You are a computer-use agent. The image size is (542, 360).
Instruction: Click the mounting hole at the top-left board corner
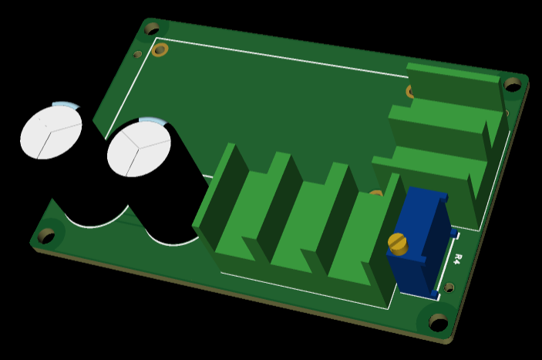click(x=151, y=29)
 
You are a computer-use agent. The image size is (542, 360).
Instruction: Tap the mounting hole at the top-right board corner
click(x=513, y=85)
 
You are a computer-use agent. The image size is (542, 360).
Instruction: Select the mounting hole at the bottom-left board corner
click(x=46, y=235)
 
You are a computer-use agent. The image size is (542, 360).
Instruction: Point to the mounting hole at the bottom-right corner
click(x=438, y=322)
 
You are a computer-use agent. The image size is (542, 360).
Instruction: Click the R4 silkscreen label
click(x=458, y=259)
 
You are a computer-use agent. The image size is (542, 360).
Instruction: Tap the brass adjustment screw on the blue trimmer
click(x=398, y=244)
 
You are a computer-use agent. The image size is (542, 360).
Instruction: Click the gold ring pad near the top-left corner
click(x=160, y=50)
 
